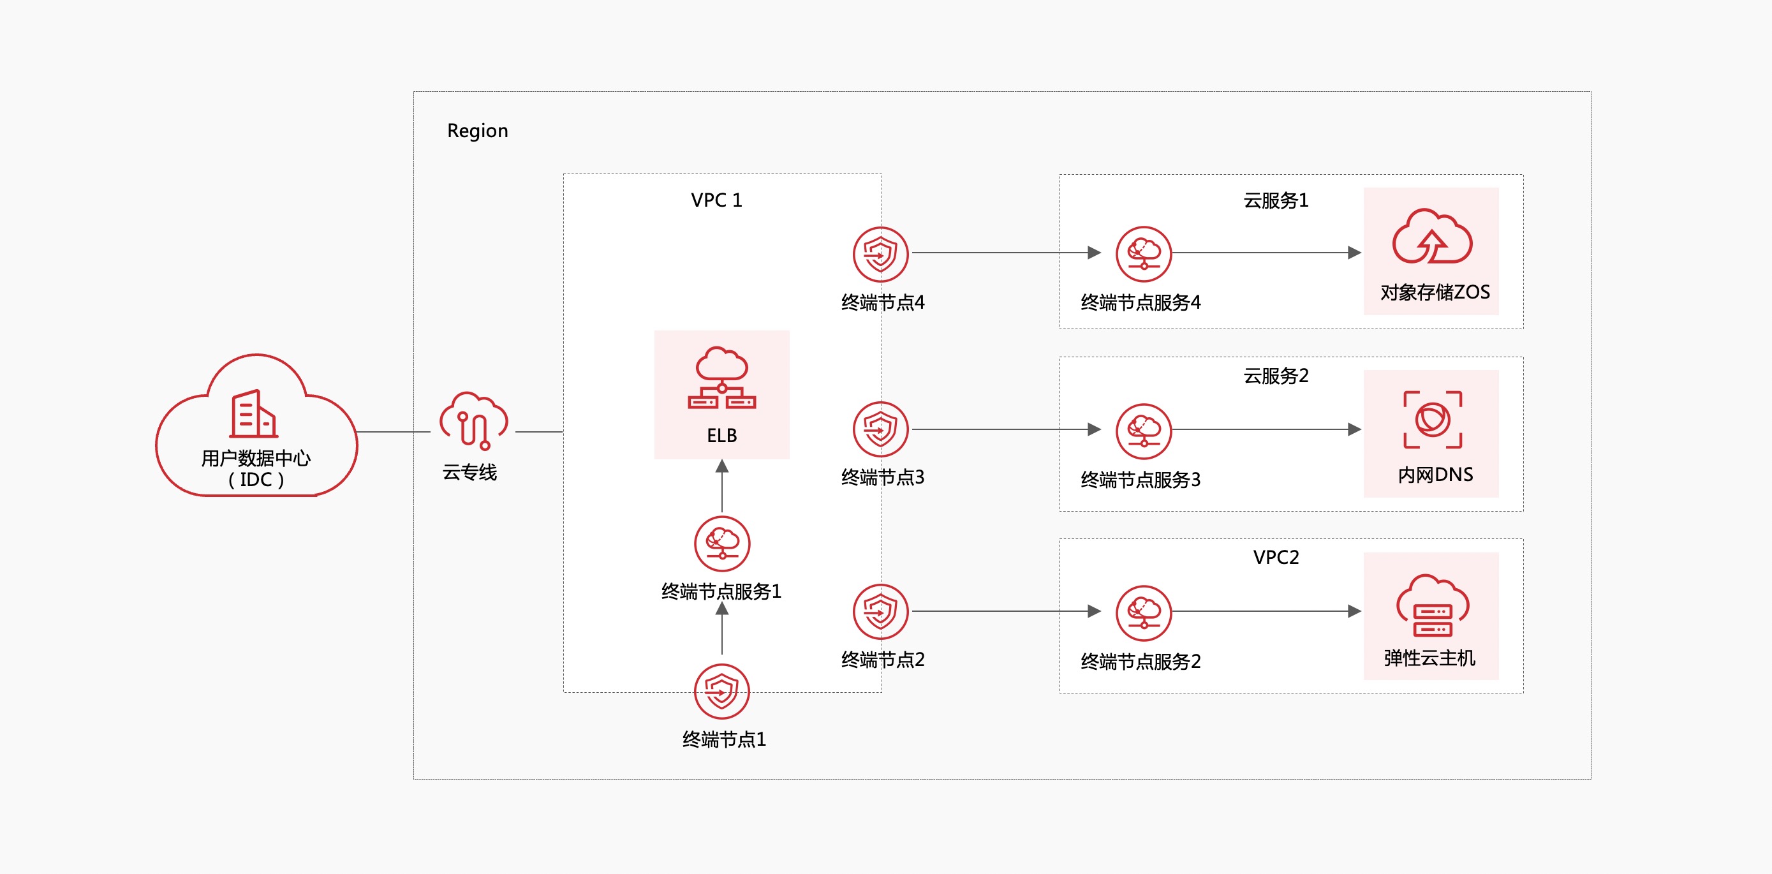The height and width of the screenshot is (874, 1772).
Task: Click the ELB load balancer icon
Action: (x=721, y=378)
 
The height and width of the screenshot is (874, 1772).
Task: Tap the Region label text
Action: (x=477, y=131)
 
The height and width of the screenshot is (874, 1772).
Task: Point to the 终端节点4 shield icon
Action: (x=880, y=254)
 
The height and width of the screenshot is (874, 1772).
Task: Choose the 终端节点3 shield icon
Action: (x=880, y=429)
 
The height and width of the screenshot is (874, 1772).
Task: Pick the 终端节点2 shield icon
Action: (x=880, y=611)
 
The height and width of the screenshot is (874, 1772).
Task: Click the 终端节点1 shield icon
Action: (x=721, y=691)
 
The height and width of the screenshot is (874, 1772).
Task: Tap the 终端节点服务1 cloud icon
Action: (x=721, y=543)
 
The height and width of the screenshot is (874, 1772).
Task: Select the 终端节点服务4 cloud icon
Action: (x=1143, y=253)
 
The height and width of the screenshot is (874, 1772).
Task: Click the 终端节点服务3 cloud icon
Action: (x=1143, y=430)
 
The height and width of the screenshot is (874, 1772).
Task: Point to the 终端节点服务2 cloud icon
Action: (x=1143, y=612)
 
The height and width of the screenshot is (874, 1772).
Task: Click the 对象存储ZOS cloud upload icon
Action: (x=1431, y=237)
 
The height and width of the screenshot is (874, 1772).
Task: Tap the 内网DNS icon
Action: (x=1432, y=419)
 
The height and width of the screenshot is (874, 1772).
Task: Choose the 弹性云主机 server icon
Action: (x=1432, y=605)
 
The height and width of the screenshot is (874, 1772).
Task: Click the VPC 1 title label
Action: (x=716, y=200)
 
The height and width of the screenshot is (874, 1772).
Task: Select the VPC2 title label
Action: (x=1275, y=558)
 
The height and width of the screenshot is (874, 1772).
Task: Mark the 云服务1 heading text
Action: (x=1275, y=200)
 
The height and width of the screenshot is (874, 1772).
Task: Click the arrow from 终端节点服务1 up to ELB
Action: (x=721, y=486)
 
